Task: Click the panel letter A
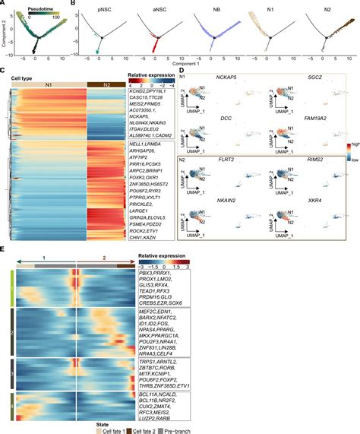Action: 5,5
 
